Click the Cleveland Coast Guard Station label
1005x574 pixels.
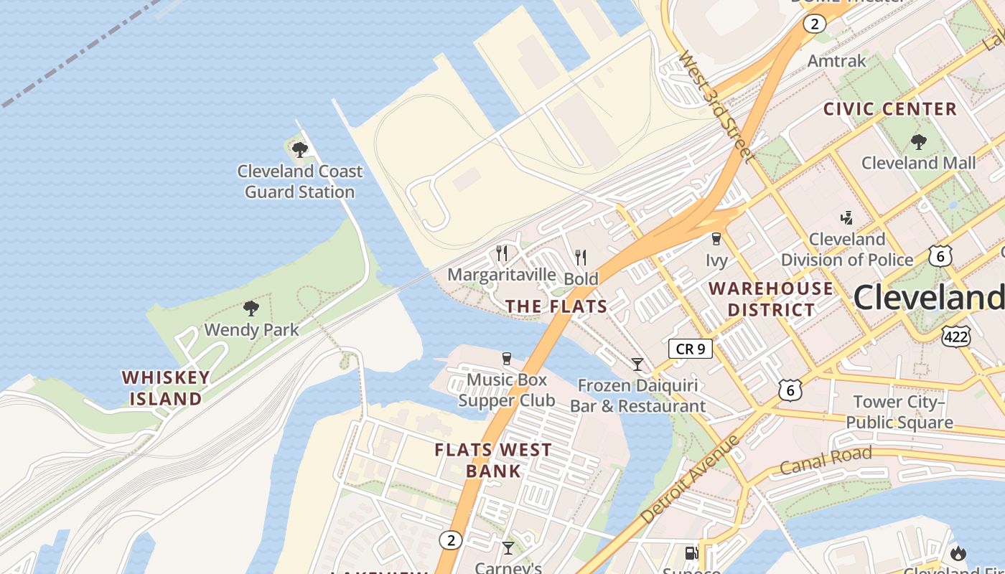click(300, 182)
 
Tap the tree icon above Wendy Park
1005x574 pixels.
click(251, 309)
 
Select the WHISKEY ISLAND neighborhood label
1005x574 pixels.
click(166, 388)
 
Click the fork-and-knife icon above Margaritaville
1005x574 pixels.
click(502, 253)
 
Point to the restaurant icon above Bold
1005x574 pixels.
click(581, 257)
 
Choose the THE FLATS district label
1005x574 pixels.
click(556, 306)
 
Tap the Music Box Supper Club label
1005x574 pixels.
click(507, 390)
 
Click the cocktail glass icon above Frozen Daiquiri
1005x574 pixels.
click(637, 364)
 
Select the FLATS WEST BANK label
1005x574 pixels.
click(493, 461)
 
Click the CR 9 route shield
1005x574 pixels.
click(691, 349)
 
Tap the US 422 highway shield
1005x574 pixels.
click(957, 335)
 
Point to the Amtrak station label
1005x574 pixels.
click(837, 61)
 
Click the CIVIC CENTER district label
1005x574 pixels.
click(890, 109)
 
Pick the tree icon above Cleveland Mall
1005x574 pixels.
click(918, 141)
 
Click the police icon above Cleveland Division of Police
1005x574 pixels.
click(847, 217)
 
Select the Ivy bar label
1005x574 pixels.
click(716, 260)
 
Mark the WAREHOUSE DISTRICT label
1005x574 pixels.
click(772, 299)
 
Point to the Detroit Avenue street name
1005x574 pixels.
click(689, 479)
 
